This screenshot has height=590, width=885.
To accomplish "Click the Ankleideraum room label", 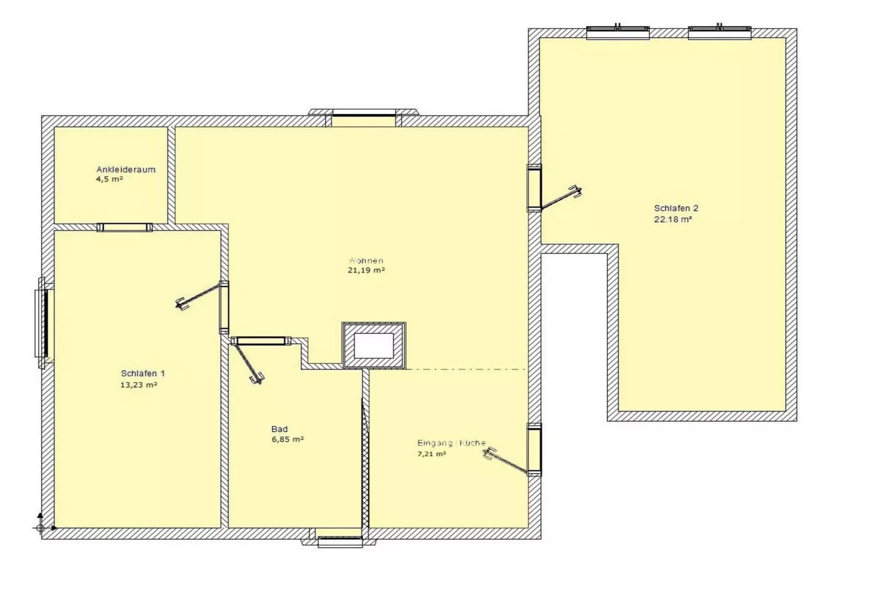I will tap(126, 169).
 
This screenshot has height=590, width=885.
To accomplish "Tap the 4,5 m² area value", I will tap(109, 179).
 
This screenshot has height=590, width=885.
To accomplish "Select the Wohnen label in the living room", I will tap(366, 260).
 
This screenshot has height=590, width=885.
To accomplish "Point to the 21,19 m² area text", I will tap(366, 270).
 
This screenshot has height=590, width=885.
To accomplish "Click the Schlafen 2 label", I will tap(676, 208).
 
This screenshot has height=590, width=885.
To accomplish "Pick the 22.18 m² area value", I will tap(672, 219).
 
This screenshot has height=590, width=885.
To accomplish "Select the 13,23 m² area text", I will tap(139, 385).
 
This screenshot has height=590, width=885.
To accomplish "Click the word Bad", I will tap(279, 429).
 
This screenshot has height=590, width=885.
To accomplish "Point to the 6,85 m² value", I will tap(287, 439).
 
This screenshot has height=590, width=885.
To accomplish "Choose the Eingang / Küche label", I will tap(451, 443).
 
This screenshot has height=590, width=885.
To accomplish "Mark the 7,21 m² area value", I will tap(431, 454).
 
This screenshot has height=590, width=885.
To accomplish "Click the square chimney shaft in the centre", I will tap(374, 346).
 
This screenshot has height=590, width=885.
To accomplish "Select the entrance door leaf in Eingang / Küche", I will tap(506, 462).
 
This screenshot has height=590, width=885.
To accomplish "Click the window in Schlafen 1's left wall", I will tap(43, 323).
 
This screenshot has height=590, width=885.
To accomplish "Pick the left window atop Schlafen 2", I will tap(617, 33).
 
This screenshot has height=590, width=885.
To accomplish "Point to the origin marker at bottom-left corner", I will tap(40, 527).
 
